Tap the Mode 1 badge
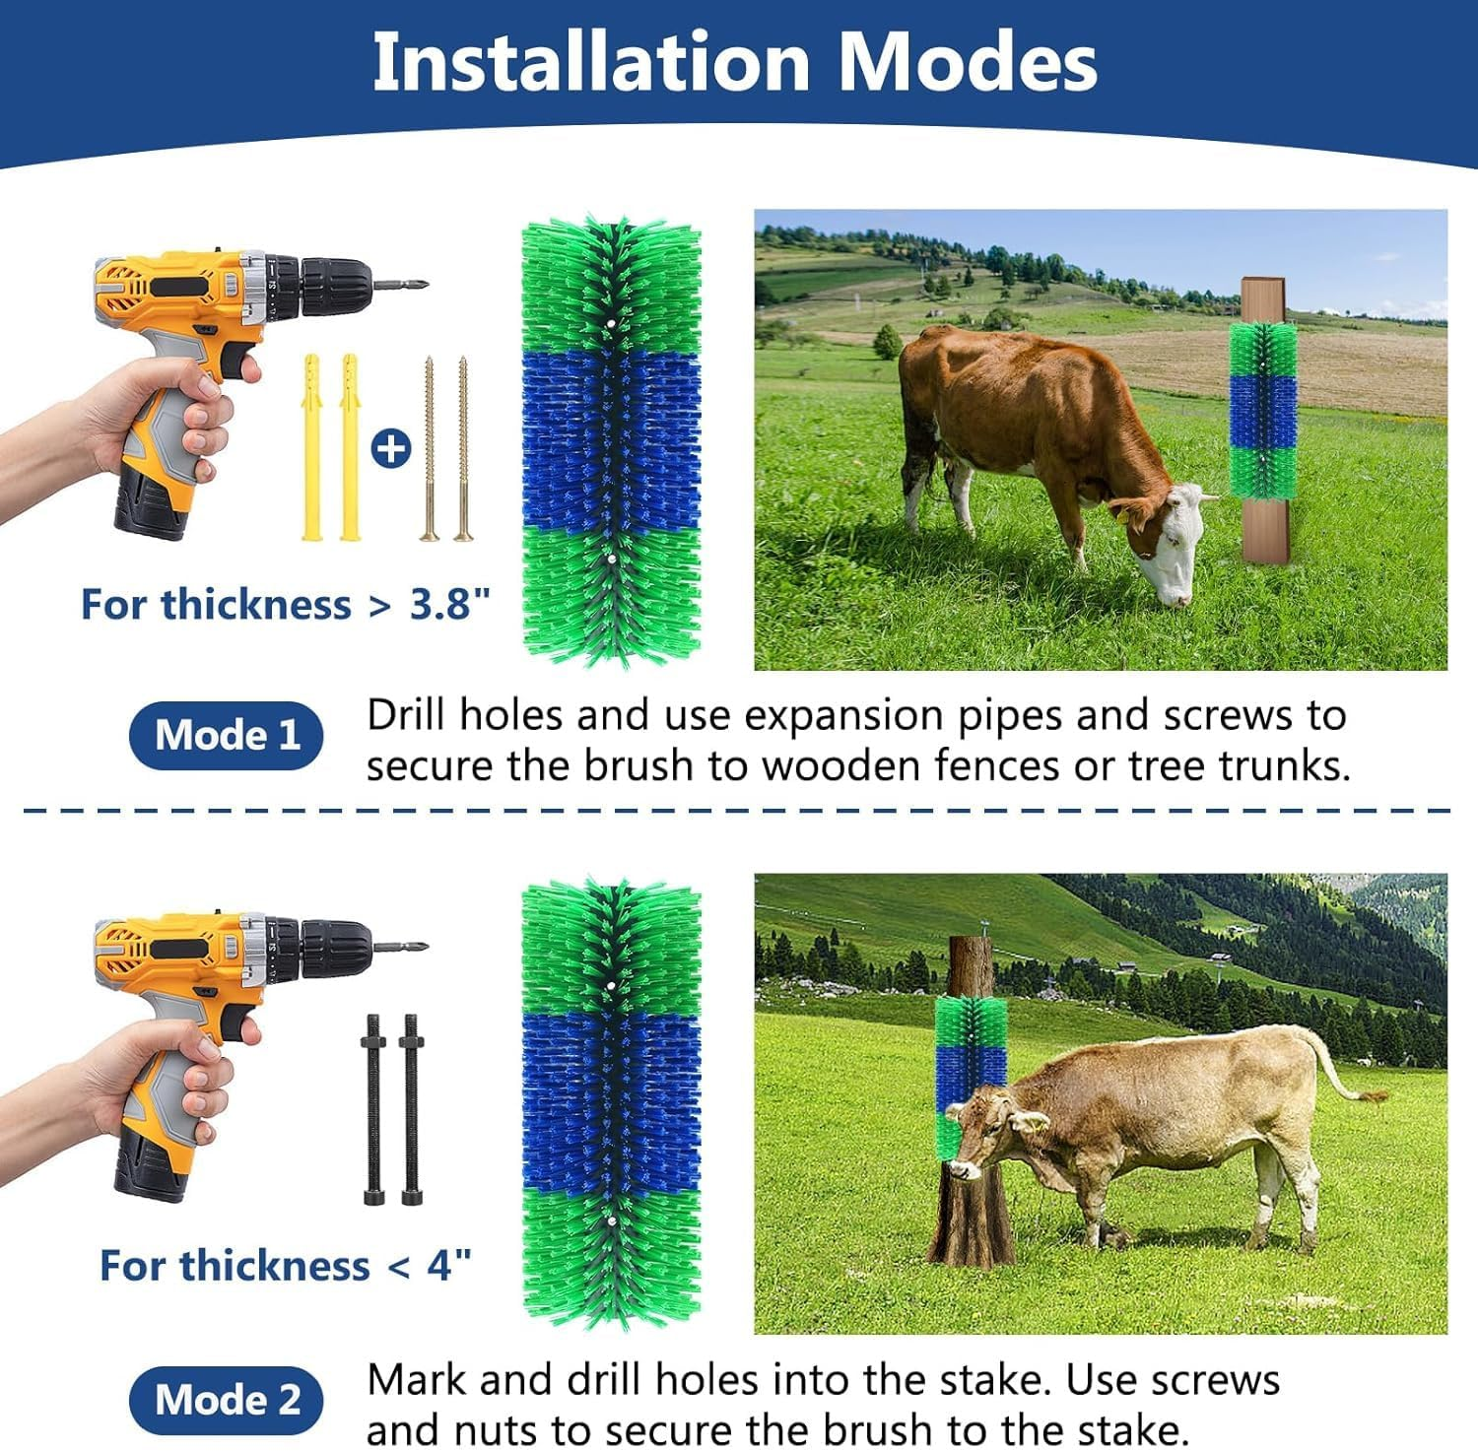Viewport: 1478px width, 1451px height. pyautogui.click(x=226, y=735)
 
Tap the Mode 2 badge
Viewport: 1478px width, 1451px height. pyautogui.click(x=226, y=1400)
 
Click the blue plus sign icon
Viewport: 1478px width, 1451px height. pyautogui.click(x=391, y=450)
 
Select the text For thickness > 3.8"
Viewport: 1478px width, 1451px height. pyautogui.click(x=285, y=604)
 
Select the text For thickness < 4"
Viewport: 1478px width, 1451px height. pyautogui.click(x=285, y=1265)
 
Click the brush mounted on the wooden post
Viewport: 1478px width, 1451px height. pyautogui.click(x=1263, y=409)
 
